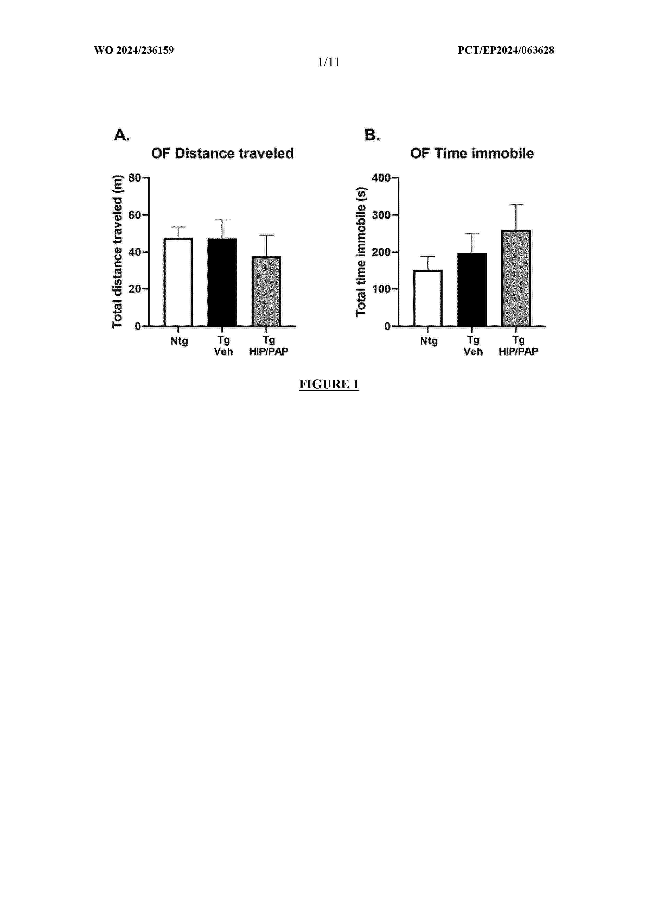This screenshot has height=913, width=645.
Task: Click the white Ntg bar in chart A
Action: [x=178, y=282]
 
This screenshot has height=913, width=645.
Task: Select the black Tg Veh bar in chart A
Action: [x=222, y=282]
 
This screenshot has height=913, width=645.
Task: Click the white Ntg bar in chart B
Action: [x=428, y=298]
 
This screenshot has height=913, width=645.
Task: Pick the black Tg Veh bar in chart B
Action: [x=472, y=289]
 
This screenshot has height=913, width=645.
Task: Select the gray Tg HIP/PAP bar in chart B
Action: [x=516, y=278]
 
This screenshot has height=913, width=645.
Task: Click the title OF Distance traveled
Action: [x=222, y=154]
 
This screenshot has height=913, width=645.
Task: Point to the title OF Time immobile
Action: [x=472, y=154]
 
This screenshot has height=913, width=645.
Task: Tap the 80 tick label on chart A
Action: [x=135, y=178]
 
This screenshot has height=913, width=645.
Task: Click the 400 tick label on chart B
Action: [x=381, y=178]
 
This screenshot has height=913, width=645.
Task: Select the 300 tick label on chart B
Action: [x=381, y=215]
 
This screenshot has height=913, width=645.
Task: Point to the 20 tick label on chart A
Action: [x=135, y=289]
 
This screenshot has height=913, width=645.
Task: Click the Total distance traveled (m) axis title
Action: [x=117, y=251]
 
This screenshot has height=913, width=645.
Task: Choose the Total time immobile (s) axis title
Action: [x=361, y=251]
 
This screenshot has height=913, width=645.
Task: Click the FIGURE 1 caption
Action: [x=329, y=384]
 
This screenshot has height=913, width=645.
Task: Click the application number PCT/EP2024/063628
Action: [x=506, y=50]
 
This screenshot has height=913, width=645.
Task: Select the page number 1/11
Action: [x=329, y=62]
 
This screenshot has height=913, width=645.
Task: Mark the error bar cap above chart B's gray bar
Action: [x=516, y=204]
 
